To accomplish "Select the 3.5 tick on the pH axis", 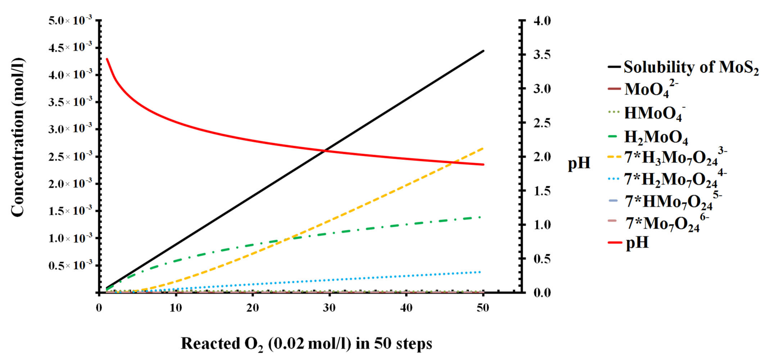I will [542, 55].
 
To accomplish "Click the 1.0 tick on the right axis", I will [542, 225].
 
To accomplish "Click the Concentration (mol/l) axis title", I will [18, 137].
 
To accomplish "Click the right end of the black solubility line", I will [483, 51].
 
